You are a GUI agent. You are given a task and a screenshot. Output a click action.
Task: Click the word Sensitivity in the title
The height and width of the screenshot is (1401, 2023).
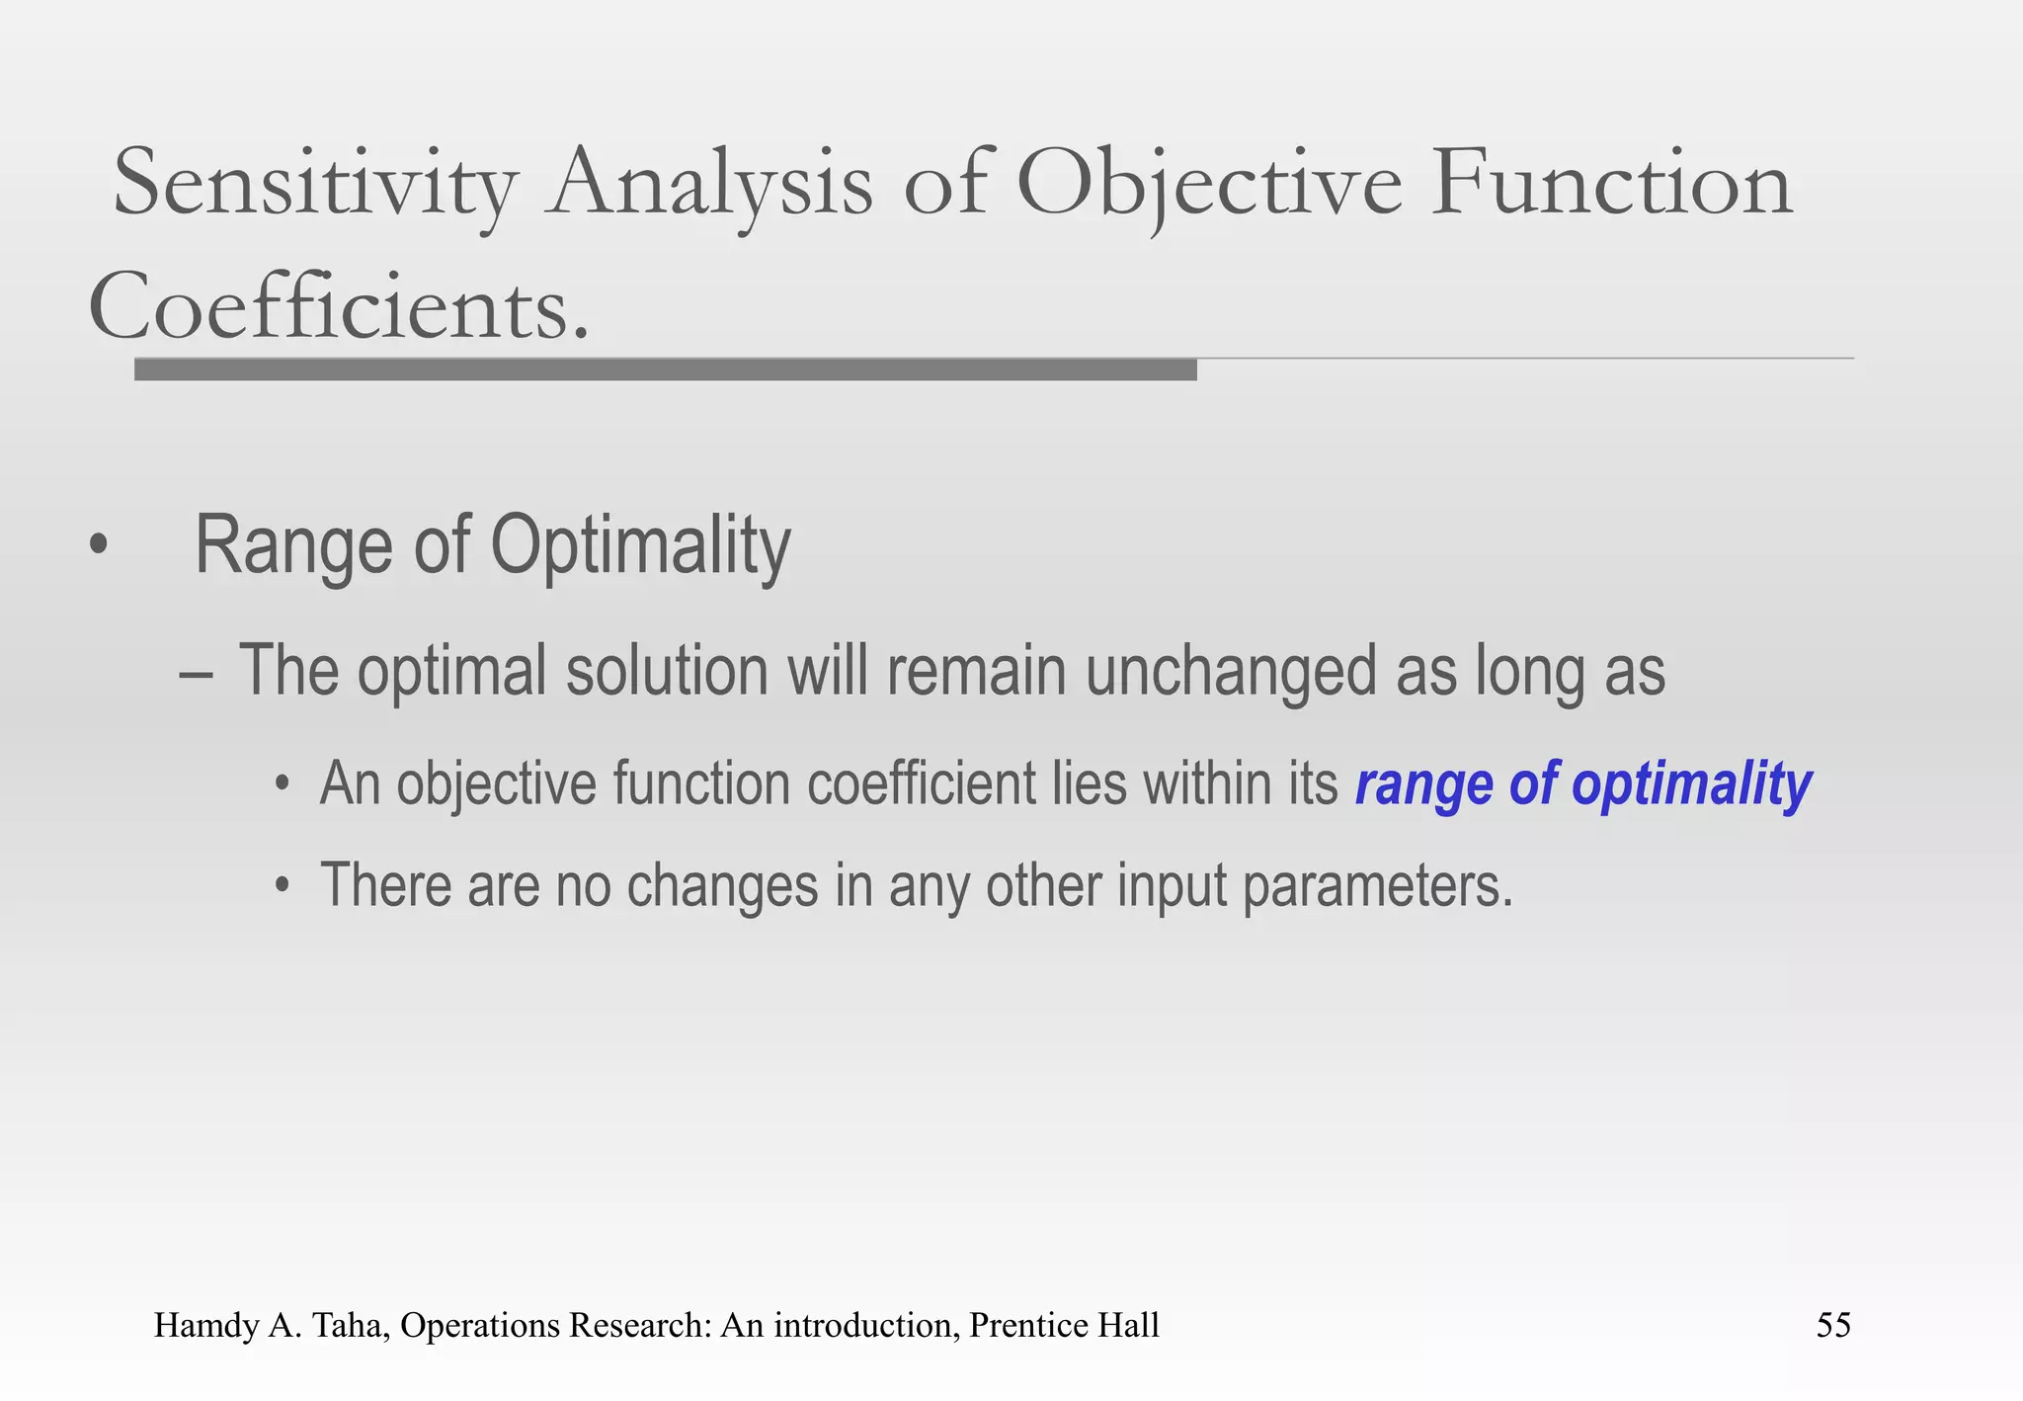315,186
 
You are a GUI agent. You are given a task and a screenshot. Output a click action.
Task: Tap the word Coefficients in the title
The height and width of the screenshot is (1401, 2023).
339,307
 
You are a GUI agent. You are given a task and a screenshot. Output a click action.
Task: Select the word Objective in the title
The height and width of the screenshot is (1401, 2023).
1208,186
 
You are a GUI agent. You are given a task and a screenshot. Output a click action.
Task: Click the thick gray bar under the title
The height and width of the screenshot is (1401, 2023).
665,371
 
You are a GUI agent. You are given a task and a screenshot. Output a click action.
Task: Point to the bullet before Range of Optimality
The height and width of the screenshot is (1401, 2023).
97,545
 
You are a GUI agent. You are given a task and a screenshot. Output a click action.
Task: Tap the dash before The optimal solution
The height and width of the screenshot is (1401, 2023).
196,674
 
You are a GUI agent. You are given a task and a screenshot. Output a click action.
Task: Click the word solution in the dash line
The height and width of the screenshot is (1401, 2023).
667,672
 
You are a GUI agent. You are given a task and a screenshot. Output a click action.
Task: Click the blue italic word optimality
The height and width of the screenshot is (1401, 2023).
1691,785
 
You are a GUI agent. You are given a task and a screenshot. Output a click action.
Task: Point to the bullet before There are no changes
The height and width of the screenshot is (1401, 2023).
283,886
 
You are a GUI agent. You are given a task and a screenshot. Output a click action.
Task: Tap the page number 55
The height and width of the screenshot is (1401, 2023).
1832,1325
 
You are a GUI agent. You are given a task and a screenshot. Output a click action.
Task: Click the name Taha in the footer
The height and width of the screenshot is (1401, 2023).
341,1325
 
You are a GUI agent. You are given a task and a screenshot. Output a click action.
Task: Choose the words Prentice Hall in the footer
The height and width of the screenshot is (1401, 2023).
1063,1325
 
